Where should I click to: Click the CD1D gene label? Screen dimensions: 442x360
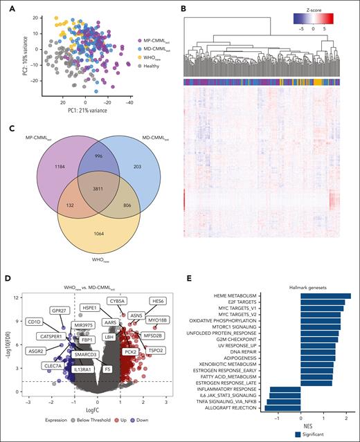click(34, 322)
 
